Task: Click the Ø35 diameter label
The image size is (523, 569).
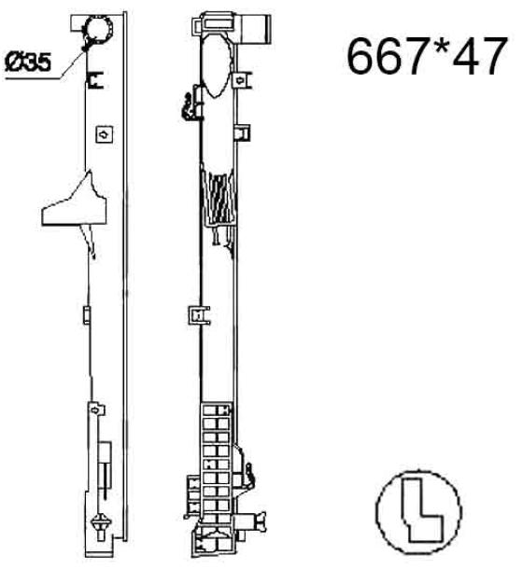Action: click(28, 62)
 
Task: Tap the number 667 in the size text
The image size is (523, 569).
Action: click(388, 56)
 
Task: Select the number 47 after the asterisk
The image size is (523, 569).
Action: click(480, 56)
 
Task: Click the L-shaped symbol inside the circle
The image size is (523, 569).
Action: click(421, 512)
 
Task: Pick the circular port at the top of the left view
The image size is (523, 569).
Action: click(98, 29)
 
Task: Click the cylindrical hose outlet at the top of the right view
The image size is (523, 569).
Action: click(255, 29)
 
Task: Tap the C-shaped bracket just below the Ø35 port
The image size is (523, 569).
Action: click(95, 80)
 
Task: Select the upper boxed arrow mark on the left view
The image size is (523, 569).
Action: click(105, 134)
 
